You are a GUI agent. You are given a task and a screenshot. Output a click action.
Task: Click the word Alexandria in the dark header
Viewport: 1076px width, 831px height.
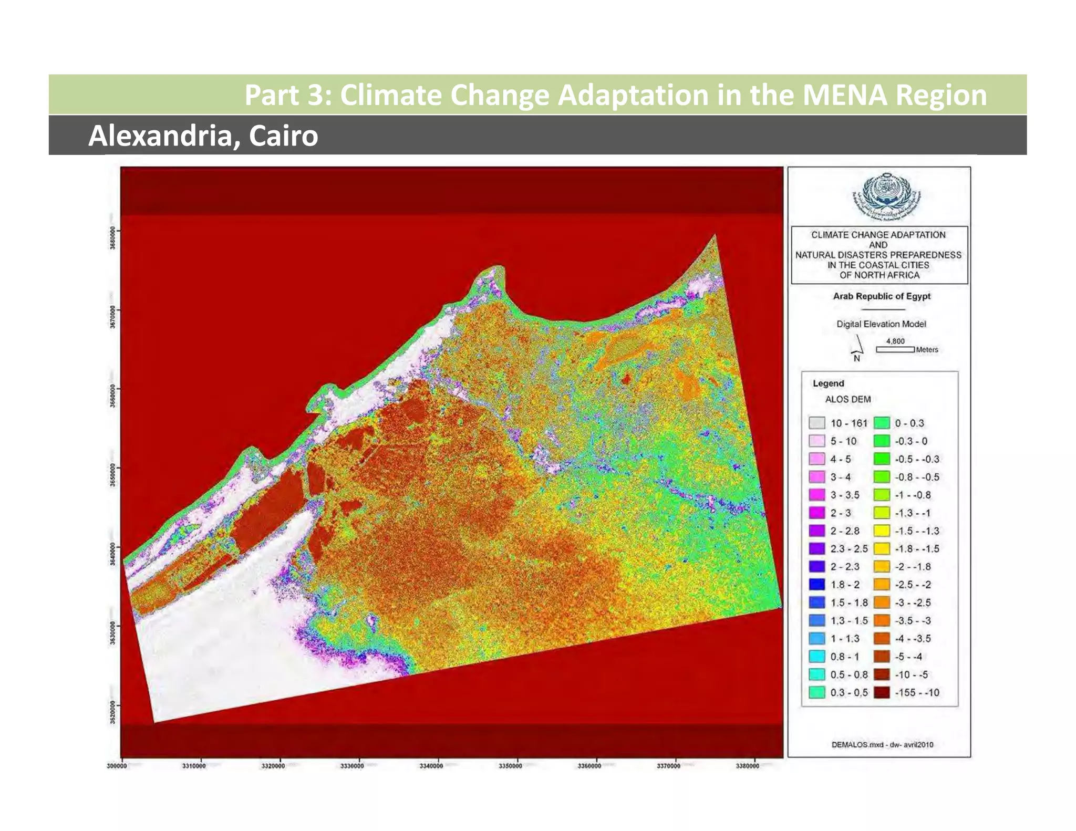pos(160,136)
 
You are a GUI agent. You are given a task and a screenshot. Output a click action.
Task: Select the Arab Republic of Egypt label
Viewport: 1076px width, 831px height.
pos(881,296)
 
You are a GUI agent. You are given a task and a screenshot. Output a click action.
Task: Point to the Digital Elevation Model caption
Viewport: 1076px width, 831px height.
pos(881,324)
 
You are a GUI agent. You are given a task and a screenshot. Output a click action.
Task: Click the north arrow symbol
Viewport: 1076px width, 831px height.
pos(857,346)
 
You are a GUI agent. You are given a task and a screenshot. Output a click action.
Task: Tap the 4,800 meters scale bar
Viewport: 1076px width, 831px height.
pos(895,349)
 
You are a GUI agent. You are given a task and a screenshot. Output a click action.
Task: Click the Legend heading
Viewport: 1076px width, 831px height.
pos(828,383)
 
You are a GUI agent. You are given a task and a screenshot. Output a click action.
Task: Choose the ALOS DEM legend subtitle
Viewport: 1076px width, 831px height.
pos(847,399)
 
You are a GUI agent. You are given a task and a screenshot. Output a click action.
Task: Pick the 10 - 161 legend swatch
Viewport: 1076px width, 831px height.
pos(817,423)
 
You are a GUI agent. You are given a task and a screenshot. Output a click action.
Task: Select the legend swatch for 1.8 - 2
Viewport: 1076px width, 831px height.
pos(817,585)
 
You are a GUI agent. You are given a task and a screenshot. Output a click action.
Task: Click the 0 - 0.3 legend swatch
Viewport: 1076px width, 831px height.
pos(882,423)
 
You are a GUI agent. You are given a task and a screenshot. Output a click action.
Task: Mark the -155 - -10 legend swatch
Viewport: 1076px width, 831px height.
pos(882,692)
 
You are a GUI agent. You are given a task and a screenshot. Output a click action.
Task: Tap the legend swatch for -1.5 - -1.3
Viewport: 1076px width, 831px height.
pos(882,531)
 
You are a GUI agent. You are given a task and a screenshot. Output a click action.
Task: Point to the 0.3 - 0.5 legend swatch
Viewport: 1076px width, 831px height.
pos(817,692)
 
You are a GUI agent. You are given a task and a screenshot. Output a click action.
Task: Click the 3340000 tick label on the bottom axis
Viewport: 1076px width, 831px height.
pos(431,766)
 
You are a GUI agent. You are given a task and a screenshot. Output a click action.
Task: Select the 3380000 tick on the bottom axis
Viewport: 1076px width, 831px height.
pos(747,766)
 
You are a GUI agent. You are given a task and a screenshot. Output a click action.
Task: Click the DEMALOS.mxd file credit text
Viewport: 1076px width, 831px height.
pos(882,744)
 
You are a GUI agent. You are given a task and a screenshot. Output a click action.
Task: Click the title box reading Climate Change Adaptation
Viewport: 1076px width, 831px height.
pos(878,255)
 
